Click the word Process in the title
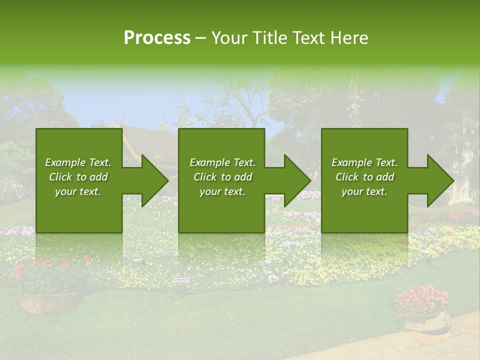pyautogui.click(x=157, y=38)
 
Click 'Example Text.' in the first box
pyautogui.click(x=78, y=162)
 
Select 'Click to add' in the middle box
pyautogui.click(x=222, y=177)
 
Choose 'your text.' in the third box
pyautogui.click(x=364, y=191)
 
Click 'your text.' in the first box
pyautogui.click(x=78, y=191)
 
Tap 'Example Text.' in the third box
pyautogui.click(x=364, y=162)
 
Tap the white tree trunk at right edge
pyautogui.click(x=462, y=170)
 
